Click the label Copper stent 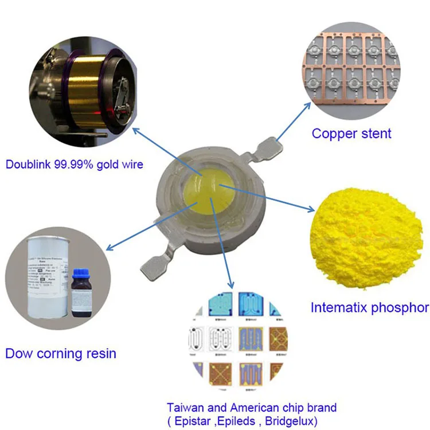tap(351, 134)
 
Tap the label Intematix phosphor tap(369, 307)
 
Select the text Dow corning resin tap(61, 353)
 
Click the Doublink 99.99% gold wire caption tap(75, 165)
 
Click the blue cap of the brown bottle tap(79, 271)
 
